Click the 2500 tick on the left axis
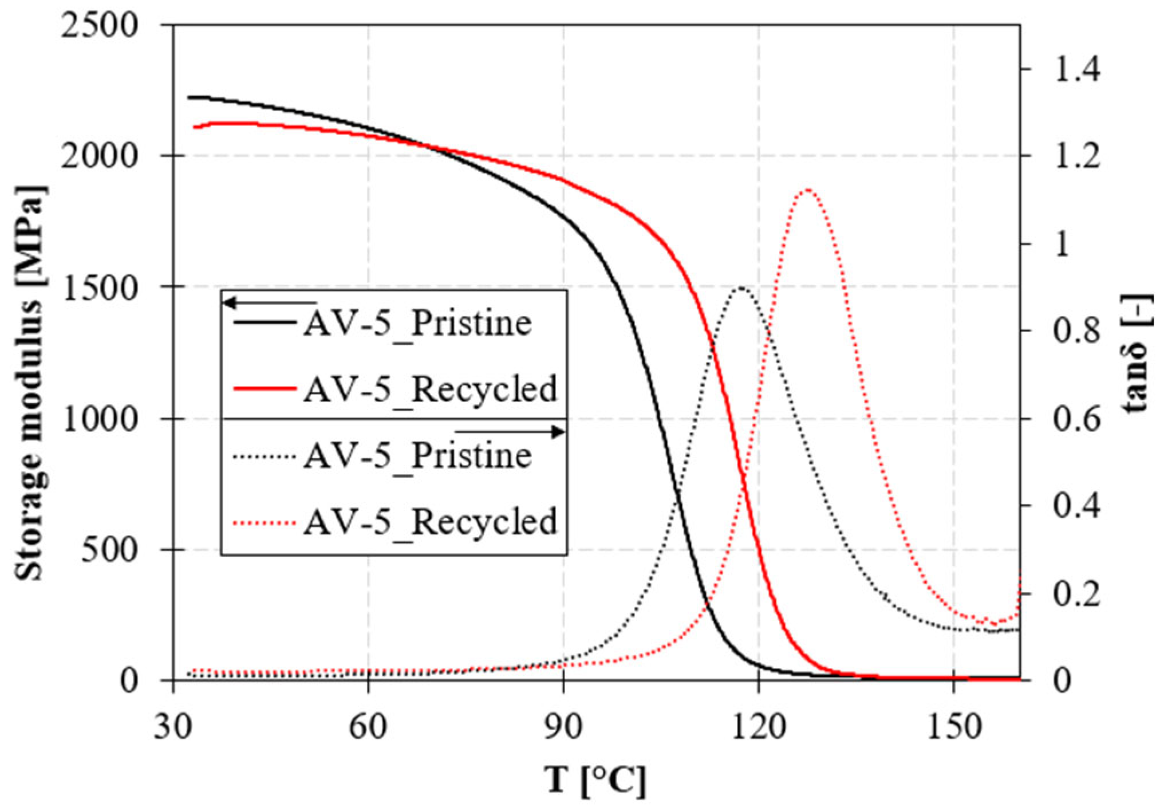pyautogui.click(x=100, y=26)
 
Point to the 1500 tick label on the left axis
pyautogui.click(x=100, y=288)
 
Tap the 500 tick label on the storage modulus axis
pyautogui.click(x=109, y=550)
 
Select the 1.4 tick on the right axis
pyautogui.click(x=1076, y=70)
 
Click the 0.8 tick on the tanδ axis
pyautogui.click(x=1076, y=331)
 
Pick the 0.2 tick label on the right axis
pyautogui.click(x=1076, y=593)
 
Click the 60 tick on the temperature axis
pyautogui.click(x=368, y=726)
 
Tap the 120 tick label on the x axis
pyautogui.click(x=759, y=726)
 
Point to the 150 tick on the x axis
pyautogui.click(x=953, y=726)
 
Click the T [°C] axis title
pyautogui.click(x=595, y=780)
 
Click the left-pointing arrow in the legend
pyautogui.click(x=269, y=302)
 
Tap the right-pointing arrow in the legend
pyautogui.click(x=510, y=431)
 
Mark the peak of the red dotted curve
pyautogui.click(x=807, y=190)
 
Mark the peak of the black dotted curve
pyautogui.click(x=741, y=288)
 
